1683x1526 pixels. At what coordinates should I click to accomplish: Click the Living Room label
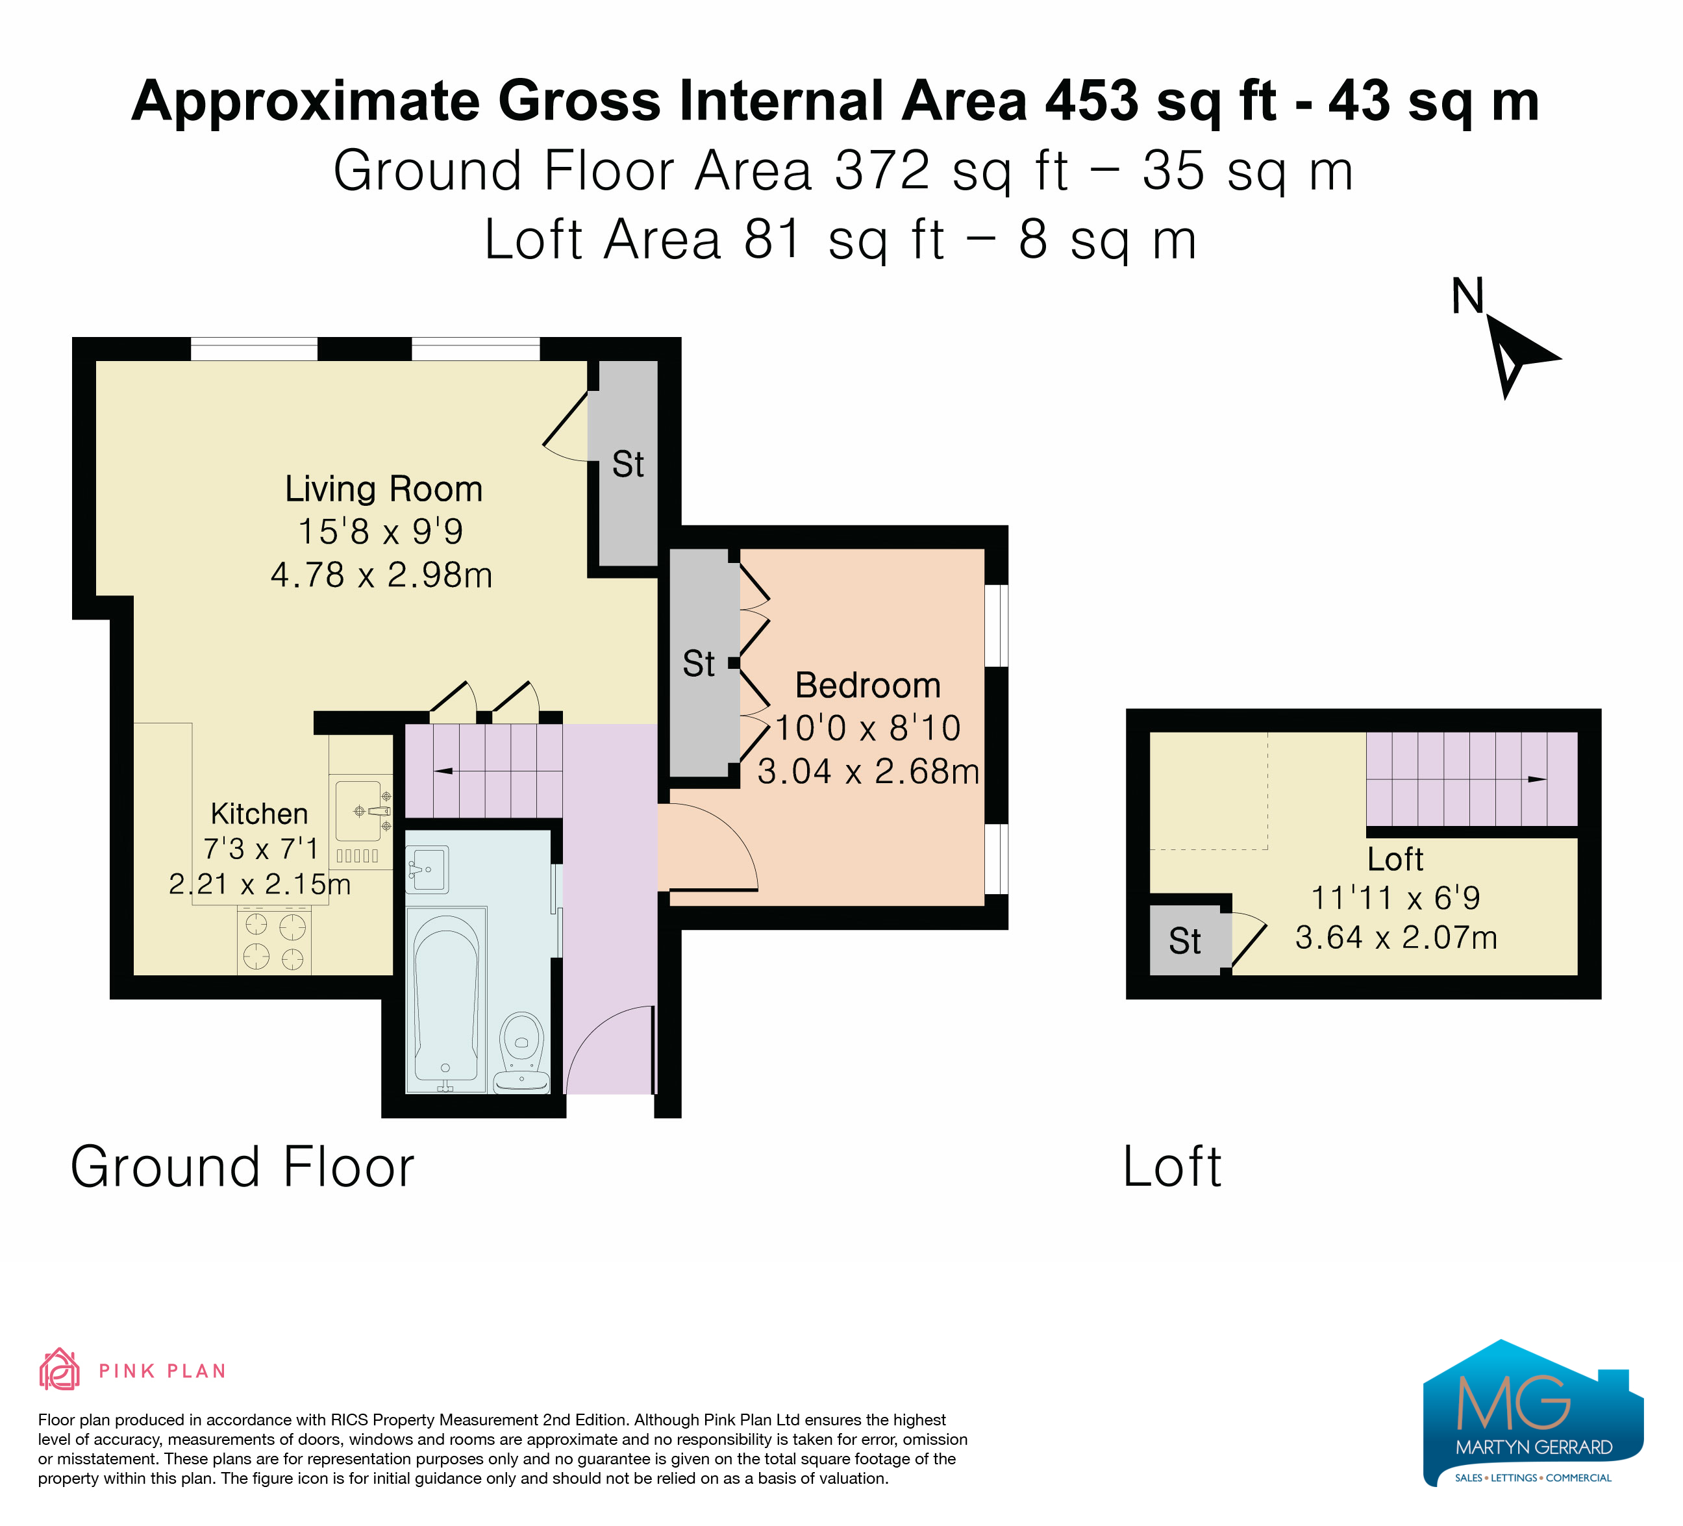[384, 489]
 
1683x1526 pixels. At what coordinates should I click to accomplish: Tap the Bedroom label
[868, 685]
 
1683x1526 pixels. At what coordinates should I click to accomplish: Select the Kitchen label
[259, 813]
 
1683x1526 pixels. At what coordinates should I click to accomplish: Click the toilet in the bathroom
[522, 1052]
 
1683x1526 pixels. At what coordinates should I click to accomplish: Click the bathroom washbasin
[427, 868]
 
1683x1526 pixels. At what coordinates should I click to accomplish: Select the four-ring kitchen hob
[274, 942]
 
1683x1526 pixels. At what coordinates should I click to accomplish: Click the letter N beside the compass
[1467, 295]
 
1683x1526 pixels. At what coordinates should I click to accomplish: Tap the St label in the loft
[1184, 942]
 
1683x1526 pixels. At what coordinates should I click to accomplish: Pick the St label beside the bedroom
[699, 664]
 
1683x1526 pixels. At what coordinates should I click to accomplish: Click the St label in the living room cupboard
[628, 464]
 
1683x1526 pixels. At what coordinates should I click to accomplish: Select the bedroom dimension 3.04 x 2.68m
[868, 771]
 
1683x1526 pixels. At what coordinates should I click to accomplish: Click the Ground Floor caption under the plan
[242, 1166]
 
